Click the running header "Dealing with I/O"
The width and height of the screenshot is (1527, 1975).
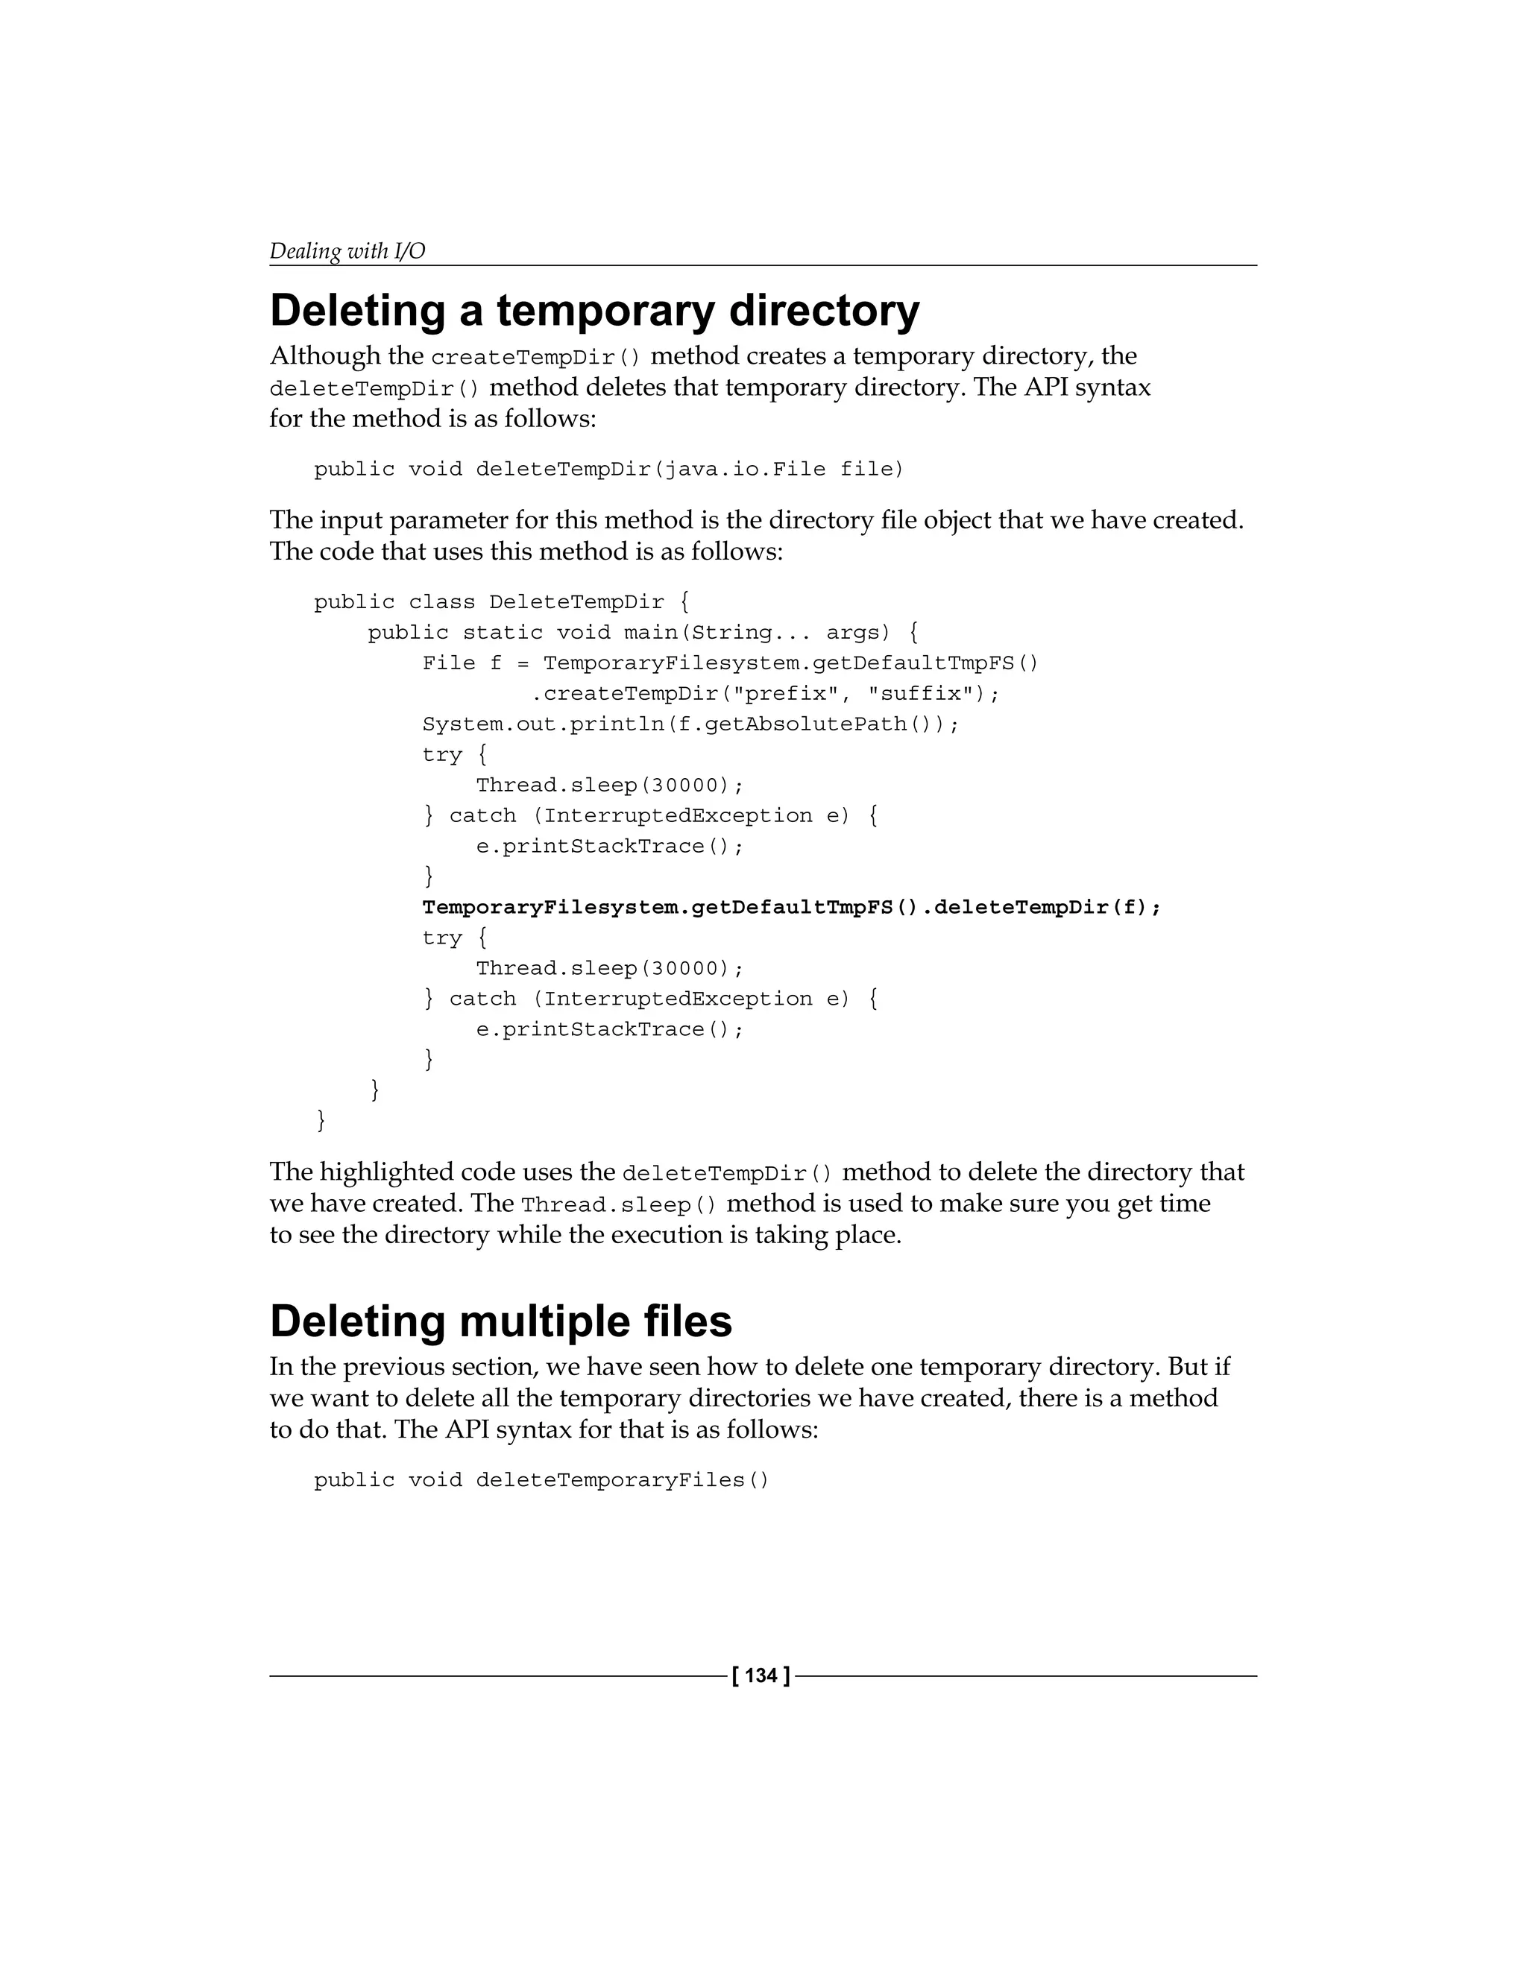347,250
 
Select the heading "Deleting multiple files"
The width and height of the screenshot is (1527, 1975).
500,1321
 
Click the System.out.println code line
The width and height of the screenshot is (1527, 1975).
690,724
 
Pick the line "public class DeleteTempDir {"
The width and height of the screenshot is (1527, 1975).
502,602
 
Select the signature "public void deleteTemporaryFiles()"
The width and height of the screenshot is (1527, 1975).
541,1480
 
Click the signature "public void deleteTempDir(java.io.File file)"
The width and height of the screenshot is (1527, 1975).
609,470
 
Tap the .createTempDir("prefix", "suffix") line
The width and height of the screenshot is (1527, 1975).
764,694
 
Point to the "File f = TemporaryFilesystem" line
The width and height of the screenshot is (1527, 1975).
730,663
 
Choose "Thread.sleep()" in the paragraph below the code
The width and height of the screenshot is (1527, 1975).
620,1205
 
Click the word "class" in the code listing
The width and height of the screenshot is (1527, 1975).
441,602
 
